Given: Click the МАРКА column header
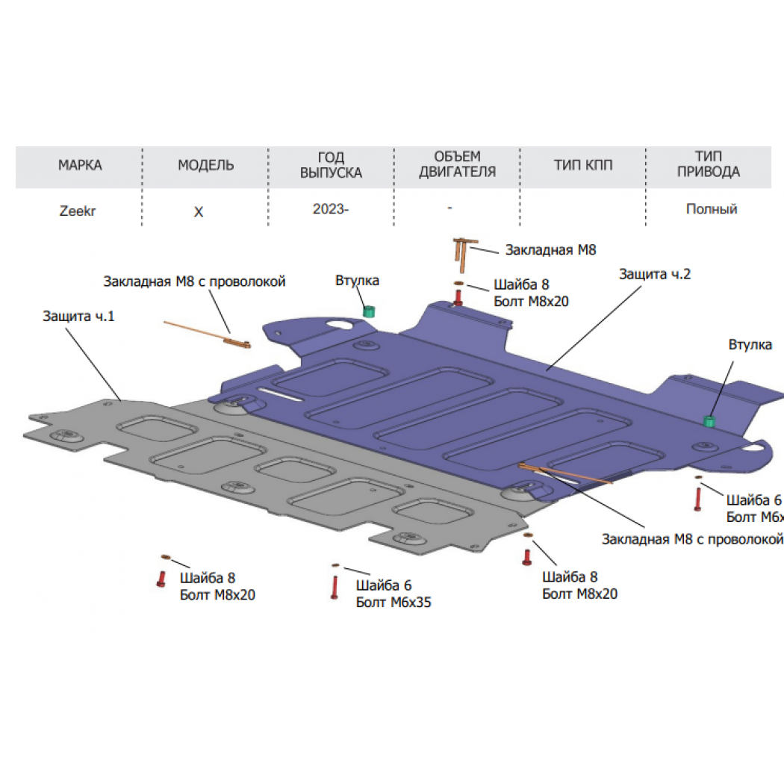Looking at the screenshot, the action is (x=80, y=165).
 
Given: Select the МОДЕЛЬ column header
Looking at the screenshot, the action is (x=205, y=165).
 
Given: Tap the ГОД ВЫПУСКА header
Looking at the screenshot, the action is (x=331, y=165).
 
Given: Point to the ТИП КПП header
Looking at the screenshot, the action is (x=583, y=165).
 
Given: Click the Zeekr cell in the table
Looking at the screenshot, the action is (x=78, y=211).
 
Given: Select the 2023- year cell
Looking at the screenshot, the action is (x=331, y=209).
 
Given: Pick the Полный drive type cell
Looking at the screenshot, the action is (x=712, y=209).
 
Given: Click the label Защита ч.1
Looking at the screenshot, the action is (x=78, y=316).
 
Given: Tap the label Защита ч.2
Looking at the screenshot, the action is (x=655, y=274).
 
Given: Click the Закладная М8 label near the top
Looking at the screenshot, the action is (x=550, y=249).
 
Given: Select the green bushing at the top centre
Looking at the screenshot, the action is (x=369, y=311).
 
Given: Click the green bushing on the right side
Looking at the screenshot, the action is (x=709, y=421).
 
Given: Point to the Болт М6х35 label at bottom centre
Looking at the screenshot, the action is (x=393, y=602).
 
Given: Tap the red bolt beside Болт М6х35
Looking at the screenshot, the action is (x=335, y=587).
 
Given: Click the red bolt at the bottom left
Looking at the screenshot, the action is (x=161, y=579).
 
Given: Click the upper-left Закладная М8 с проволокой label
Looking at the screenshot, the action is (x=194, y=281).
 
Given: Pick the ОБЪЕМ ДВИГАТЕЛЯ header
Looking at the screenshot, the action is (x=457, y=164).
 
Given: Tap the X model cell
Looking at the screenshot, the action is (x=199, y=212).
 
